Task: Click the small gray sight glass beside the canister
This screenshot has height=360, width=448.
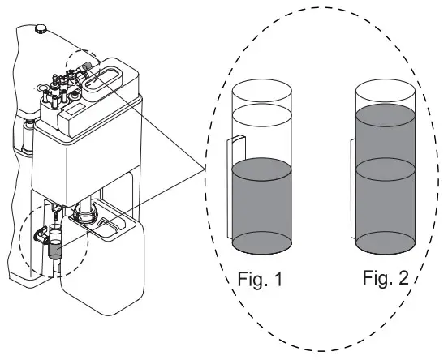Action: [x=54, y=245]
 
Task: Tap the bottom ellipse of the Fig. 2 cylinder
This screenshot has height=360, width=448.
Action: [x=386, y=242]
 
